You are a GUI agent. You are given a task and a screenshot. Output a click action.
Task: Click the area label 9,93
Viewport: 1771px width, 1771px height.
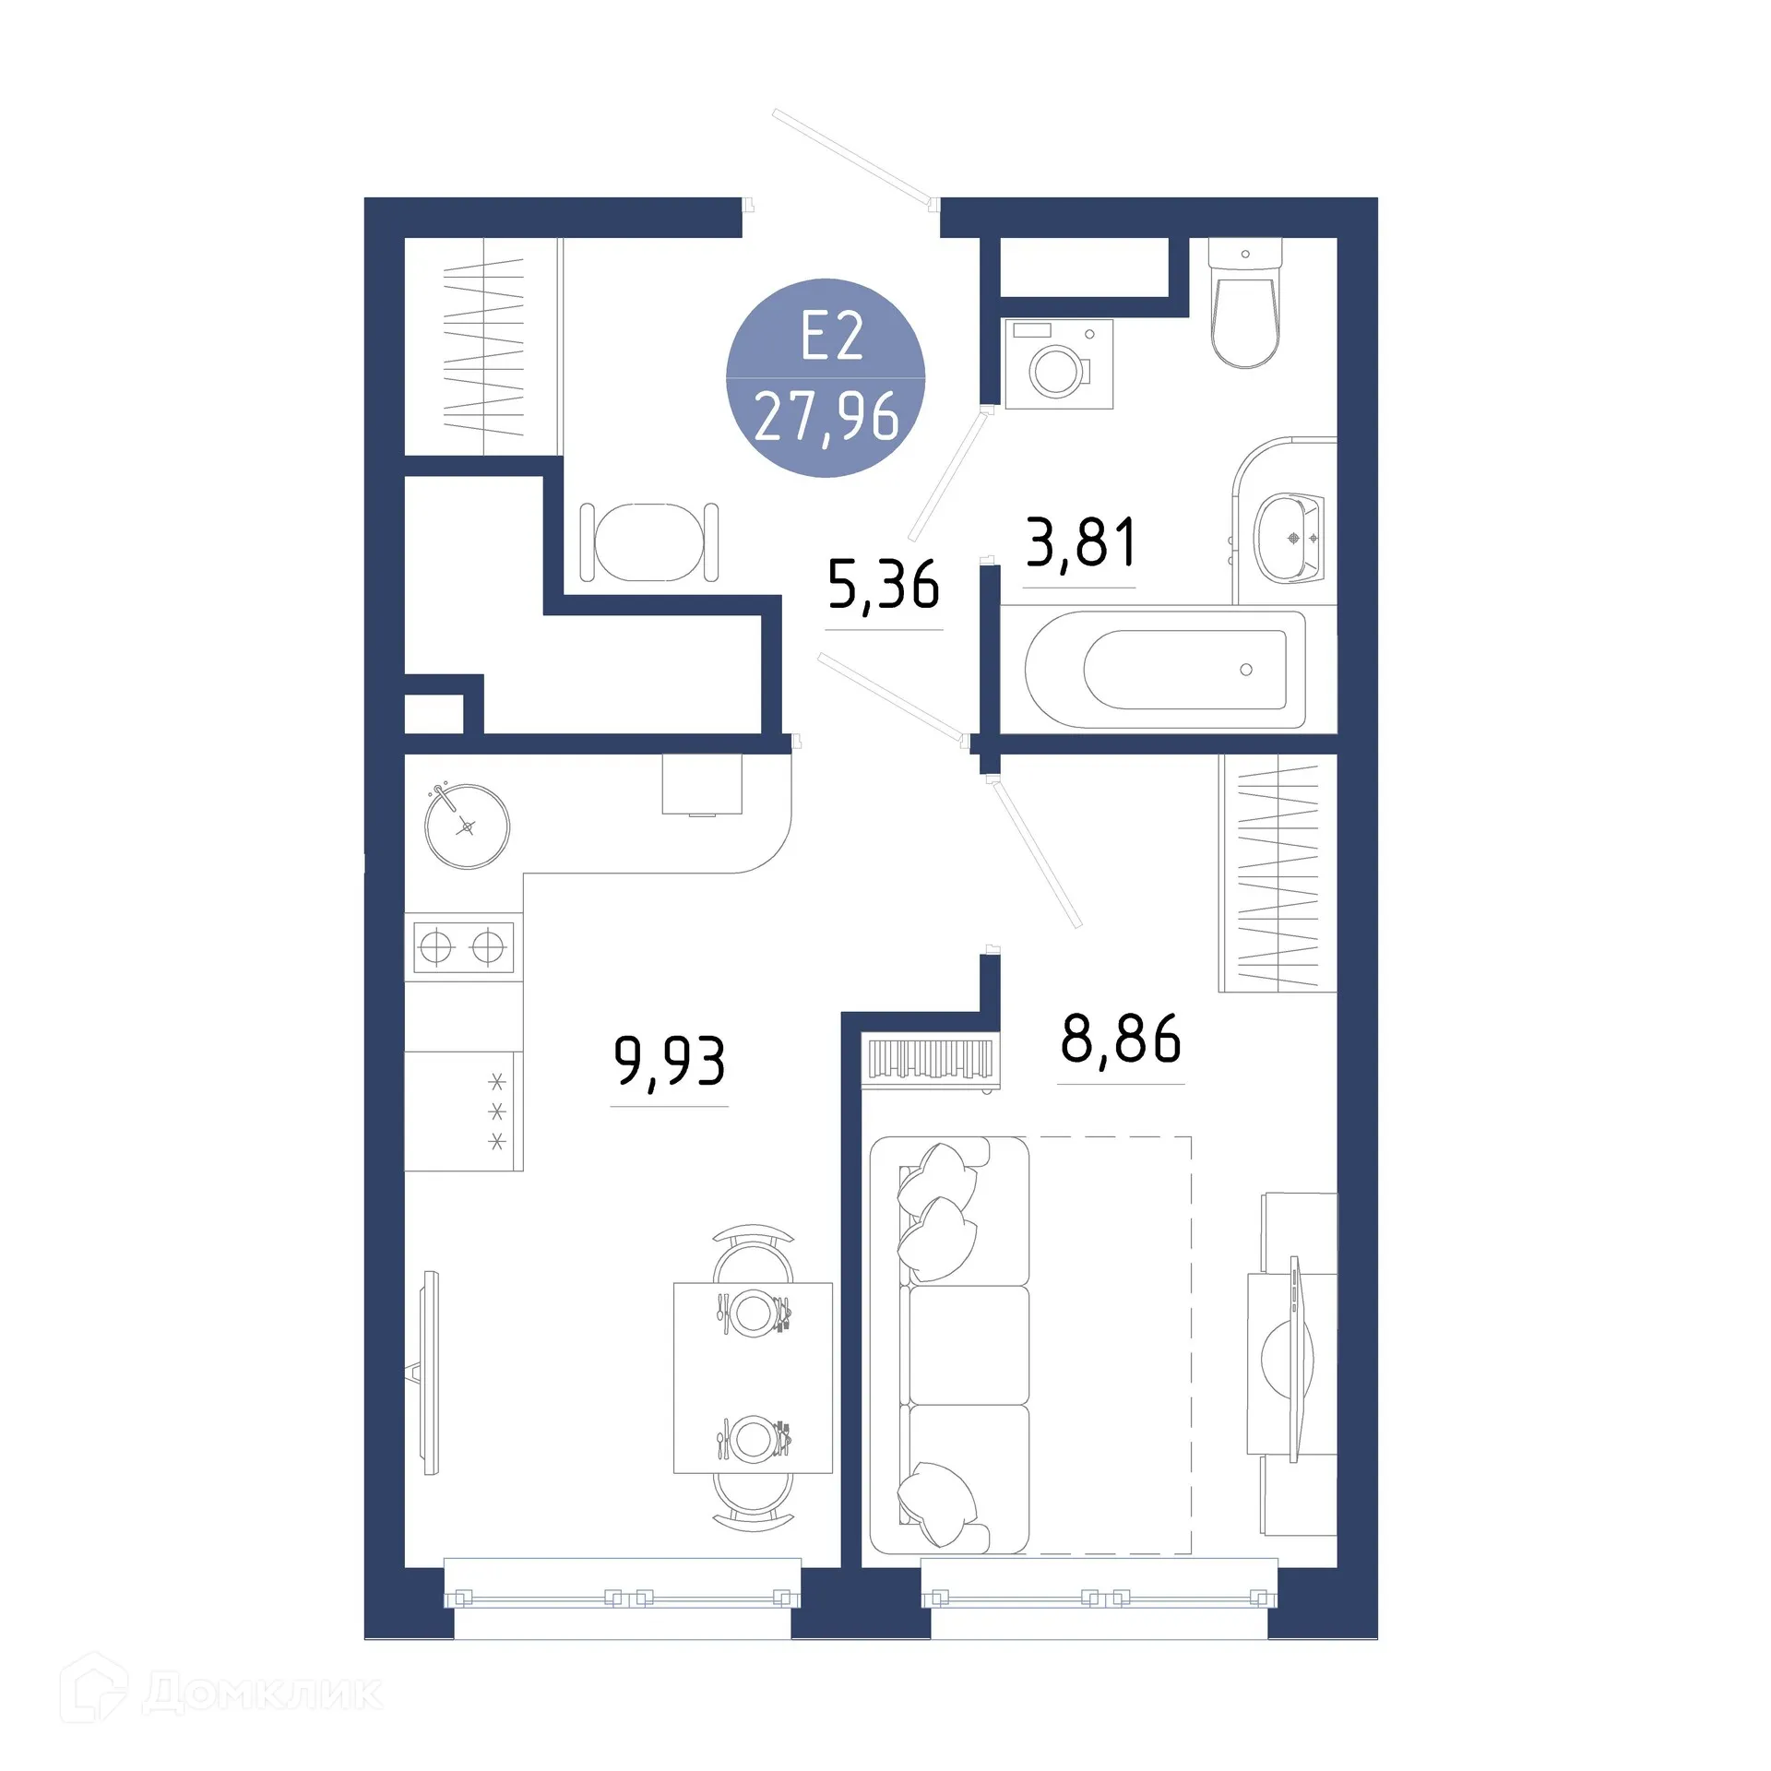(670, 1063)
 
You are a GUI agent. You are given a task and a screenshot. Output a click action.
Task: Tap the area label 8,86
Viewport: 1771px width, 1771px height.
(1120, 1040)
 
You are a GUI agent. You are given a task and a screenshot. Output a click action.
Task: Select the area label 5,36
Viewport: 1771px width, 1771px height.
(883, 586)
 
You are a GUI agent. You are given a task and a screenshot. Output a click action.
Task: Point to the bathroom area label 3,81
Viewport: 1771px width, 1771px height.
(1080, 543)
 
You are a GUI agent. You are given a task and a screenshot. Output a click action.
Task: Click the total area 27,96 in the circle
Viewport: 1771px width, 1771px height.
(826, 418)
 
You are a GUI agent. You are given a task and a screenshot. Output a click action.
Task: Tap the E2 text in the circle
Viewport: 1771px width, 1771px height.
(831, 338)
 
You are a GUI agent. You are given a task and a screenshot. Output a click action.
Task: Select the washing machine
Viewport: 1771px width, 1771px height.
(1059, 364)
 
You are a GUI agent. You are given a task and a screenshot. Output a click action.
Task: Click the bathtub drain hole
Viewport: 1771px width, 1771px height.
(1246, 670)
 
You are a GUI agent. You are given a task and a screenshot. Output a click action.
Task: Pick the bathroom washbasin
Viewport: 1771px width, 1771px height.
(1289, 538)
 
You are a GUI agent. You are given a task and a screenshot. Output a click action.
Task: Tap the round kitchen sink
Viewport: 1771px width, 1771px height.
(467, 826)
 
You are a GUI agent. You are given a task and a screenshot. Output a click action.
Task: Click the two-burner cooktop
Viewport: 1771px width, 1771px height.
(463, 946)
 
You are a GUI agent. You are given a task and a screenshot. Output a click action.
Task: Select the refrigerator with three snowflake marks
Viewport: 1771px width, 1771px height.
(464, 1111)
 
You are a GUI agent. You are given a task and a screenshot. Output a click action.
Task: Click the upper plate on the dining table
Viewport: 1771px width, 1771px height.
(753, 1311)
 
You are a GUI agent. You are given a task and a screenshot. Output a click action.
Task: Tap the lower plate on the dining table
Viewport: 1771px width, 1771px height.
(753, 1438)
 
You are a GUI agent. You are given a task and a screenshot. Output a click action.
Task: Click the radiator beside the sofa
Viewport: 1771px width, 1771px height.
(929, 1060)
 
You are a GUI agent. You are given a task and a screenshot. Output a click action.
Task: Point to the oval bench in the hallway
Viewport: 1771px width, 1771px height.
(648, 542)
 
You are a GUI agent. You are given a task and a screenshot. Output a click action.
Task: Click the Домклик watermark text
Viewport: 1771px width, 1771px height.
(262, 1694)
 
